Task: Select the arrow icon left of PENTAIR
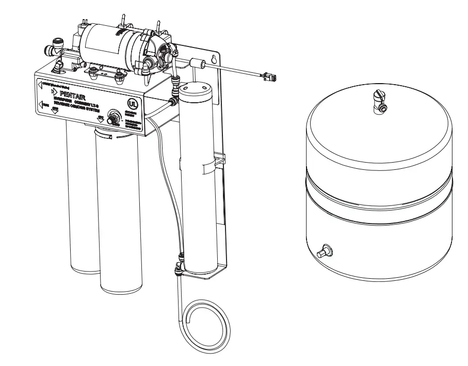coord(53,92)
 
